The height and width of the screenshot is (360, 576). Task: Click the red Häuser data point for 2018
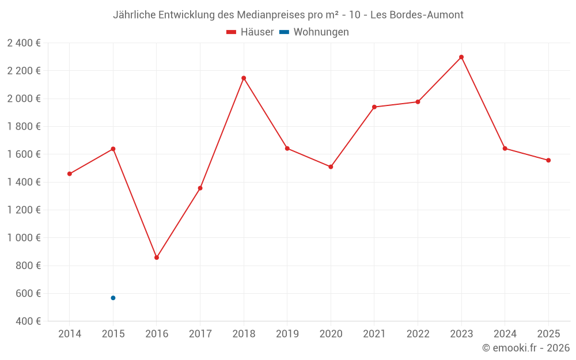pyautogui.click(x=244, y=78)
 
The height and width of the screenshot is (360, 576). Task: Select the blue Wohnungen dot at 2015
pyautogui.click(x=113, y=298)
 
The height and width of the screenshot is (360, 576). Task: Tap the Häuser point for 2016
pyautogui.click(x=157, y=257)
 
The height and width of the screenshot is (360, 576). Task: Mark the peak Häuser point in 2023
pyautogui.click(x=461, y=57)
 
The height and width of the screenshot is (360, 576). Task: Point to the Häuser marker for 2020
pyautogui.click(x=331, y=167)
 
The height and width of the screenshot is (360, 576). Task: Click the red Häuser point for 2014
pyautogui.click(x=70, y=174)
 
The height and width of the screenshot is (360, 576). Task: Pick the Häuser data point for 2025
pyautogui.click(x=548, y=160)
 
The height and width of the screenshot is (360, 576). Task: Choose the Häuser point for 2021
pyautogui.click(x=374, y=107)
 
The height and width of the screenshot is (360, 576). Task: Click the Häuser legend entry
pyautogui.click(x=250, y=32)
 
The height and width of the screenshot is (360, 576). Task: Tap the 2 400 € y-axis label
pyautogui.click(x=24, y=43)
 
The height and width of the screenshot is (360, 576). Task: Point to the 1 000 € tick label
pyautogui.click(x=24, y=238)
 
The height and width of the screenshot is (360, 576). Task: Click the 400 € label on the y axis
pyautogui.click(x=28, y=321)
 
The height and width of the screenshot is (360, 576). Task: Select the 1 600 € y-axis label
pyautogui.click(x=24, y=154)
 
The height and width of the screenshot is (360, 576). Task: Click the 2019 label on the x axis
pyautogui.click(x=287, y=334)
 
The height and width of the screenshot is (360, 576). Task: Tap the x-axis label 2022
pyautogui.click(x=418, y=334)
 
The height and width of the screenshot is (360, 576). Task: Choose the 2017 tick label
pyautogui.click(x=200, y=334)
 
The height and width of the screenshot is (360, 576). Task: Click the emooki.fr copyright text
pyautogui.click(x=526, y=348)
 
